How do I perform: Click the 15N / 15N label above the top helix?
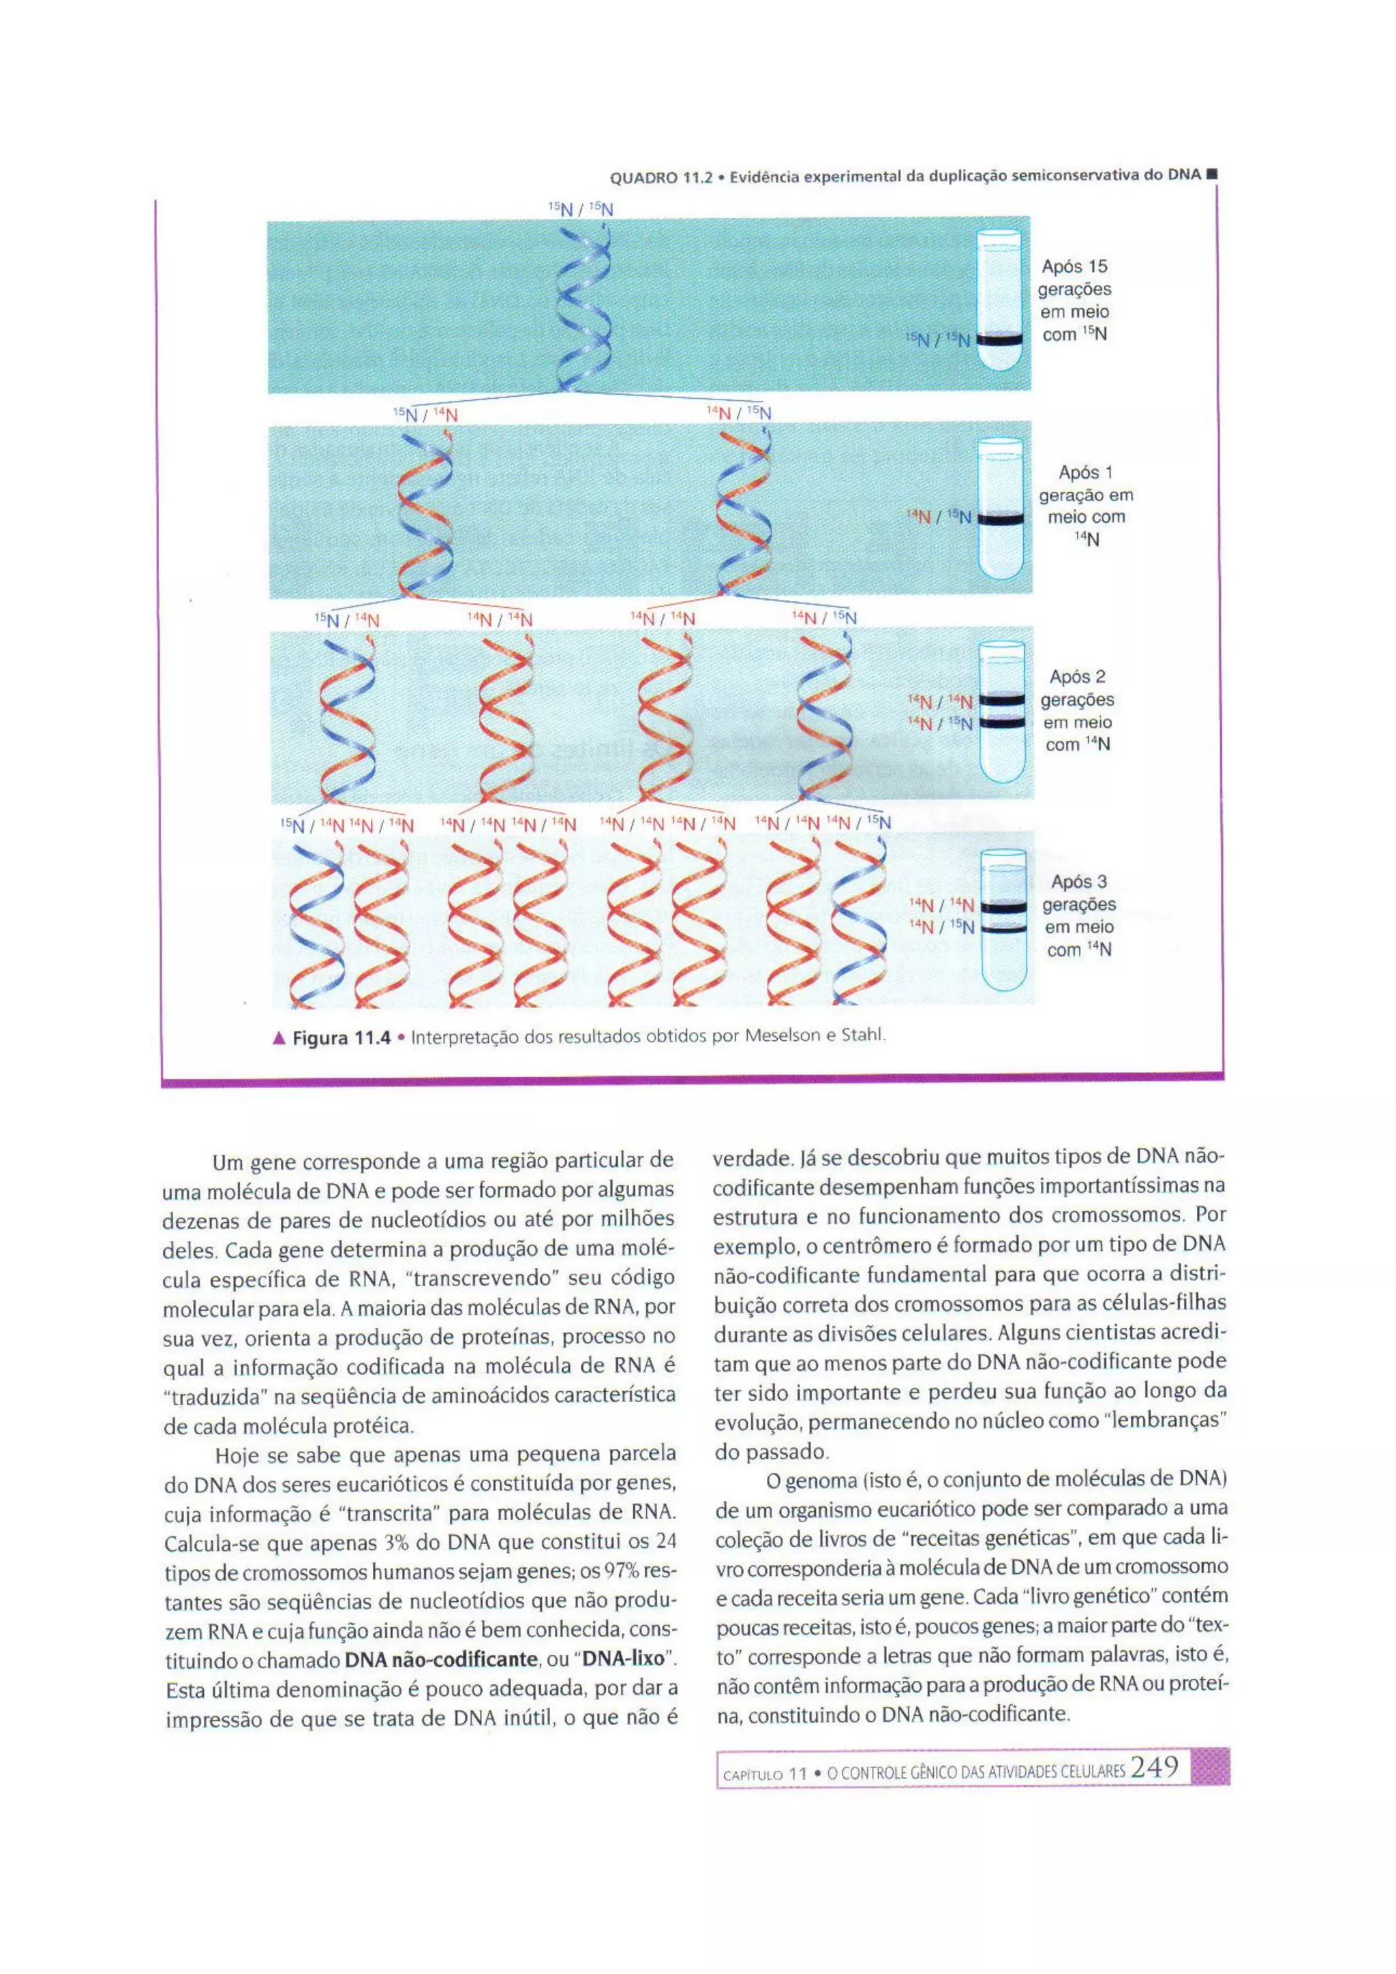[x=580, y=207]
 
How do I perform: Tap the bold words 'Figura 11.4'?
[x=342, y=1037]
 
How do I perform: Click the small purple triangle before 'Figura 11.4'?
[x=279, y=1037]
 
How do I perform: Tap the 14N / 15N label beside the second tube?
[x=939, y=517]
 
